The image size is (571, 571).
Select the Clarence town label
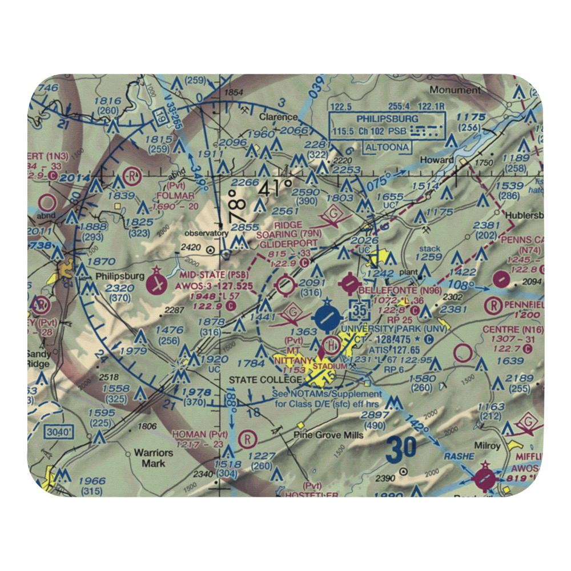(278, 117)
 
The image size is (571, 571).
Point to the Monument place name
(455, 90)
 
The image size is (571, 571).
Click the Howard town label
(437, 160)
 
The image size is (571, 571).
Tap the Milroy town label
(486, 445)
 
